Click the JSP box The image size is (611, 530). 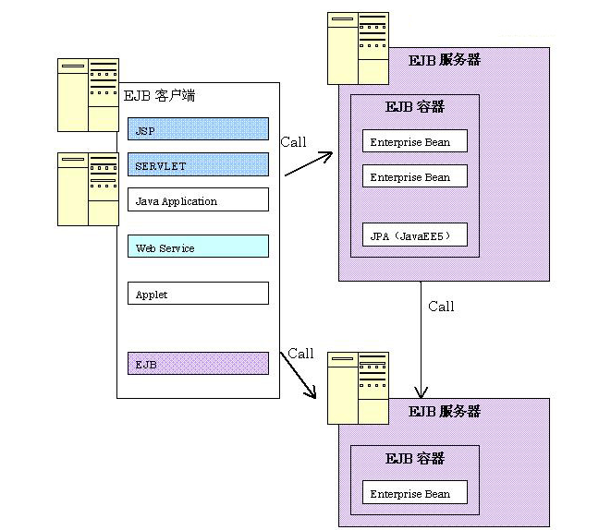coord(198,129)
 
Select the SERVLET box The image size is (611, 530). coord(198,165)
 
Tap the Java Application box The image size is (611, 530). coord(198,200)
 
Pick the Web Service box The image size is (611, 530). coord(198,247)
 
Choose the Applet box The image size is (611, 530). coord(198,294)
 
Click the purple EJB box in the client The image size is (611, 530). coord(198,364)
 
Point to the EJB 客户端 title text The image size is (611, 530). coord(159,96)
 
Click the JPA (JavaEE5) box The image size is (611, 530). coord(414,235)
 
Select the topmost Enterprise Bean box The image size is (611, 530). coord(414,141)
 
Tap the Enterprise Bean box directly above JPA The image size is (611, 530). coord(414,176)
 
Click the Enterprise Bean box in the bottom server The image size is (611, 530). coord(414,493)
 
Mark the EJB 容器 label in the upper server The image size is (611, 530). coord(414,107)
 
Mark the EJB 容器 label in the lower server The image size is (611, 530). coord(414,459)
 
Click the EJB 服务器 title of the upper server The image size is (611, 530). coord(445,61)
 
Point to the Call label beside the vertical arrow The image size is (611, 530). coord(441,307)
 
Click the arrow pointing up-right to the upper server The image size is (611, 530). coord(308,164)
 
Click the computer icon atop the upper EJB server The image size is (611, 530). coord(358,48)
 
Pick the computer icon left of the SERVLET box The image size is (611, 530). coord(88,189)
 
